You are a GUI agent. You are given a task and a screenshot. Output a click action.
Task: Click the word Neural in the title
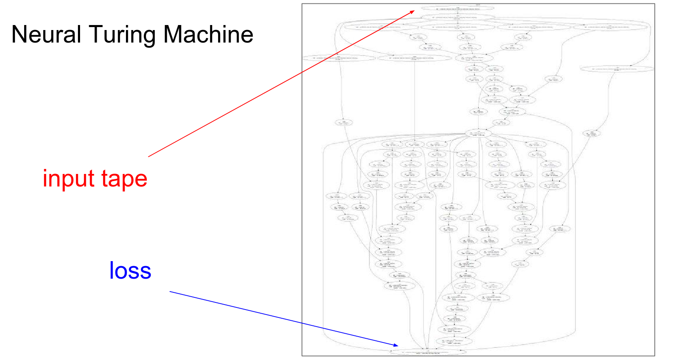(46, 34)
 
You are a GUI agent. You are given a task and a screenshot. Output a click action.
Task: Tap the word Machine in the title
(208, 34)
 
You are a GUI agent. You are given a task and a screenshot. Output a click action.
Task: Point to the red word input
(68, 179)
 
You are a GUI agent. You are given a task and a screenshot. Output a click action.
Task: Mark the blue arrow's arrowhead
(397, 345)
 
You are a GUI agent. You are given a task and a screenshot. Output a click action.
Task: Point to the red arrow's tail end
(148, 156)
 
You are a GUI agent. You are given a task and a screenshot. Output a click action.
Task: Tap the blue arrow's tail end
(170, 292)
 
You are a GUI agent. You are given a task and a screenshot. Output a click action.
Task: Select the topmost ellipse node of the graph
(457, 8)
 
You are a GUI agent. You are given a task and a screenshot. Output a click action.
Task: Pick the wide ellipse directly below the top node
(457, 18)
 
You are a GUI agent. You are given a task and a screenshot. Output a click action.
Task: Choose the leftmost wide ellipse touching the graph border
(338, 58)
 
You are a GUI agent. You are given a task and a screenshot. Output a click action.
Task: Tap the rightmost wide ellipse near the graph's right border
(617, 69)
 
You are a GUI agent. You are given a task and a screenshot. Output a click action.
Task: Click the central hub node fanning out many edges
(478, 134)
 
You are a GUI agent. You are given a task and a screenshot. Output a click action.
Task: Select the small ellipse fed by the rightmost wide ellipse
(592, 133)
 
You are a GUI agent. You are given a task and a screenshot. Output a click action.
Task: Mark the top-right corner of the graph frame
(655, 4)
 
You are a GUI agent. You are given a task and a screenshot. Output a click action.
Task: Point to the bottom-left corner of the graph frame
(302, 356)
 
